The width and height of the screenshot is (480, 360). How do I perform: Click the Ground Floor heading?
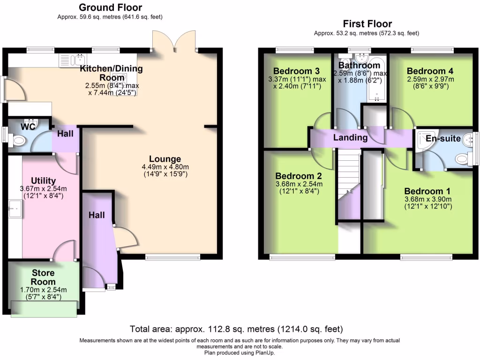coord(110,7)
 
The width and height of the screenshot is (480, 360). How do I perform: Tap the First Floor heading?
coord(367,24)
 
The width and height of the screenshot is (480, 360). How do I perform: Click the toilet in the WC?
coord(19,140)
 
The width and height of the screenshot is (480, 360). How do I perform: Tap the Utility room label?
coord(43,181)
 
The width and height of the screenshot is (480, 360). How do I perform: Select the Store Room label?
coord(43,277)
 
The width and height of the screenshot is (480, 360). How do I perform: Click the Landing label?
coord(350,137)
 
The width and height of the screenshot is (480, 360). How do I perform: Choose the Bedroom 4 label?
coord(430,71)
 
